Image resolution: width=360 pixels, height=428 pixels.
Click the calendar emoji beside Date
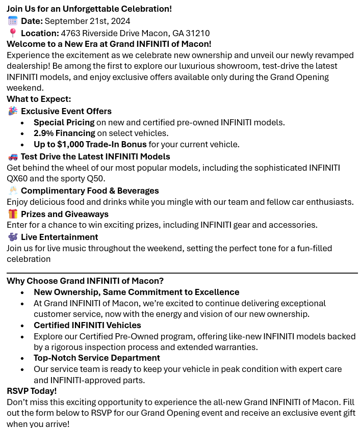coord(13,21)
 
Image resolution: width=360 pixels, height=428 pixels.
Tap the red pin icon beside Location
coord(13,33)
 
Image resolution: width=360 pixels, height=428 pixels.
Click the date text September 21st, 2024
coord(87,21)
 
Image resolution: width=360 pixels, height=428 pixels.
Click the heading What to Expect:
coord(39,99)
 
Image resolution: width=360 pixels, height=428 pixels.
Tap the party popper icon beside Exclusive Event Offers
coord(13,111)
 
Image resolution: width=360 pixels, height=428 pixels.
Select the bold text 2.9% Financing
coord(64,133)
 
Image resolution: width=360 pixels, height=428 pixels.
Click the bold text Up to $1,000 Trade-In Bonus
coord(90,144)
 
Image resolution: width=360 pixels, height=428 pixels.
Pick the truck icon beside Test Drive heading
coord(13,156)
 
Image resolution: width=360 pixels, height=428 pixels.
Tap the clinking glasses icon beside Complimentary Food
coord(13,191)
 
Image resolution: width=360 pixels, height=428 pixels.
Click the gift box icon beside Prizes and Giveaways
coord(13,214)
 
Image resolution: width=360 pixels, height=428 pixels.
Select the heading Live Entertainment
coord(59,237)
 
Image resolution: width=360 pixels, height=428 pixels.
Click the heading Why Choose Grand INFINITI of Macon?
coord(85,281)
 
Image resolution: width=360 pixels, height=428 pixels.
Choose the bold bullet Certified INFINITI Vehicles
coord(87,325)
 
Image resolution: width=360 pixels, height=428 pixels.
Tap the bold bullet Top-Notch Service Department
coord(97,358)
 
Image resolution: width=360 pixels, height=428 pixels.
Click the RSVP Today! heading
coord(32,391)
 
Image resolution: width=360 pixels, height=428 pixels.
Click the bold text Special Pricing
coord(64,122)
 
